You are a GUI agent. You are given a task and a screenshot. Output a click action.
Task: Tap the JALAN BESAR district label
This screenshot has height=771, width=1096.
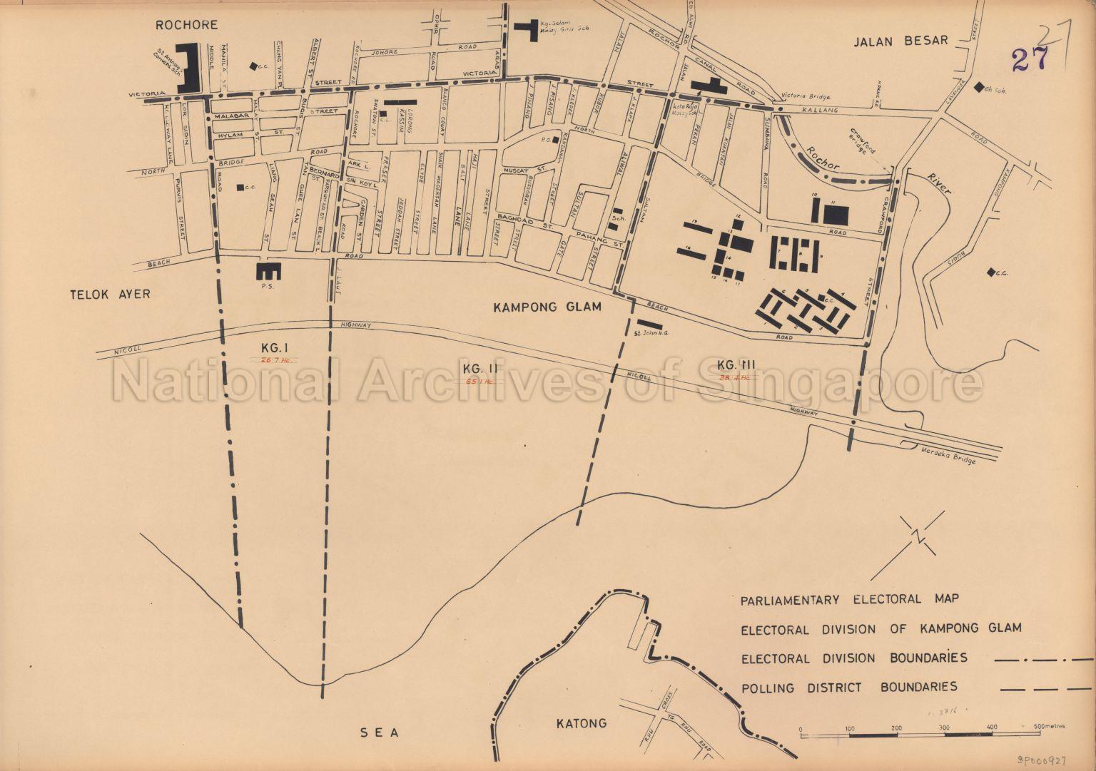[x=901, y=40]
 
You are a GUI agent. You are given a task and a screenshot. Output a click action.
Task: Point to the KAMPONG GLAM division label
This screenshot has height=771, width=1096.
[x=548, y=307]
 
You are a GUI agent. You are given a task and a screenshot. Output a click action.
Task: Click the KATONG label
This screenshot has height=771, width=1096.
[x=581, y=723]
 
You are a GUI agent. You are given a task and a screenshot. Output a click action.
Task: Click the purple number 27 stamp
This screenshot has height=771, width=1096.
[x=1030, y=58]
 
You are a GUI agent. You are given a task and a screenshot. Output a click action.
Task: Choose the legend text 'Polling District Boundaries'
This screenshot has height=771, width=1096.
[x=849, y=688]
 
